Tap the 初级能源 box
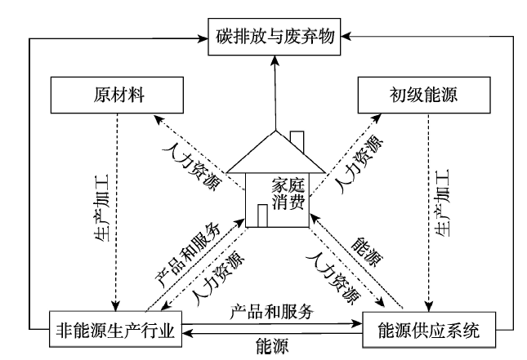[417, 96]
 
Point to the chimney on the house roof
[297, 141]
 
